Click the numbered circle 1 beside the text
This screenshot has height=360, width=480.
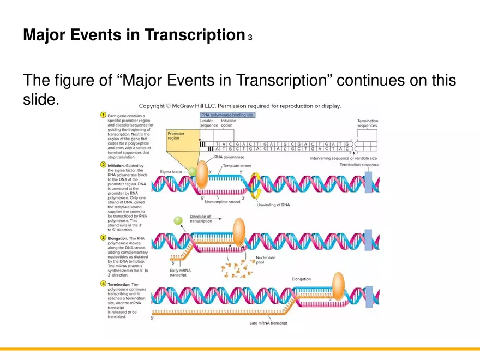(103, 116)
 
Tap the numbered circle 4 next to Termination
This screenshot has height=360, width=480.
(103, 284)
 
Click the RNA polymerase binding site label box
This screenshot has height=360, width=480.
(227, 115)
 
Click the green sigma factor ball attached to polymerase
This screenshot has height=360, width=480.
(192, 172)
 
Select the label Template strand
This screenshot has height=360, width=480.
(237, 166)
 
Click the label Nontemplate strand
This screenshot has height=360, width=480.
(222, 202)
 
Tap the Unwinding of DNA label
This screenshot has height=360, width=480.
(273, 205)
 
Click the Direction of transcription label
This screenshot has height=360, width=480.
(201, 219)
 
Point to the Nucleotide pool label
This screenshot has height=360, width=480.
(266, 260)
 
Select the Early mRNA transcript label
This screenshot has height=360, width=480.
(181, 272)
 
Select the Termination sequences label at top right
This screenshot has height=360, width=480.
(367, 123)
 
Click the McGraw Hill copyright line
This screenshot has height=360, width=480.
(240, 106)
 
